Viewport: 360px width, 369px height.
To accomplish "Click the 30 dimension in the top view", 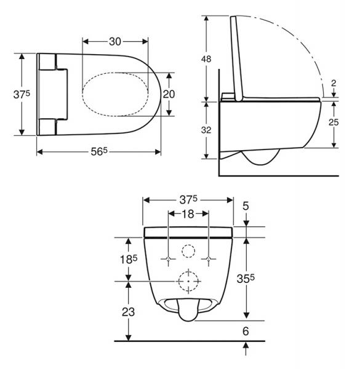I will click(115, 41).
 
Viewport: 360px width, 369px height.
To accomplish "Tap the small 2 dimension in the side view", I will click(333, 84).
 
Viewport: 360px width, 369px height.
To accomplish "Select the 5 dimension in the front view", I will click(246, 207).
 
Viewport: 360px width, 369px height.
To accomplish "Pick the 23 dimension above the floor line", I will click(127, 311).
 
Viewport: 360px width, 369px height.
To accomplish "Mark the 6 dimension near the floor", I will click(246, 330).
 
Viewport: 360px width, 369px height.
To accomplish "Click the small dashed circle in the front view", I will click(188, 251).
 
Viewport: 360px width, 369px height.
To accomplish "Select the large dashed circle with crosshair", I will click(188, 280).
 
